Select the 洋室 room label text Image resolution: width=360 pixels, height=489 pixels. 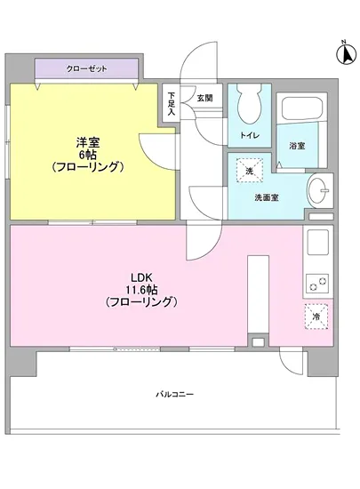85,140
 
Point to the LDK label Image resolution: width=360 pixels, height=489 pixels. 142,276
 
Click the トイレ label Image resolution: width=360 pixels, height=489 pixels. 248,135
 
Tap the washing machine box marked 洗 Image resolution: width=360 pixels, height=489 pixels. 249,170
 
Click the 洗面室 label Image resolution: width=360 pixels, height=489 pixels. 268,197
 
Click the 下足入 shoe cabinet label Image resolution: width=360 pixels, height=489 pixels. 172,101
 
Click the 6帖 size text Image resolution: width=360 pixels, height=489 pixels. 85,153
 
